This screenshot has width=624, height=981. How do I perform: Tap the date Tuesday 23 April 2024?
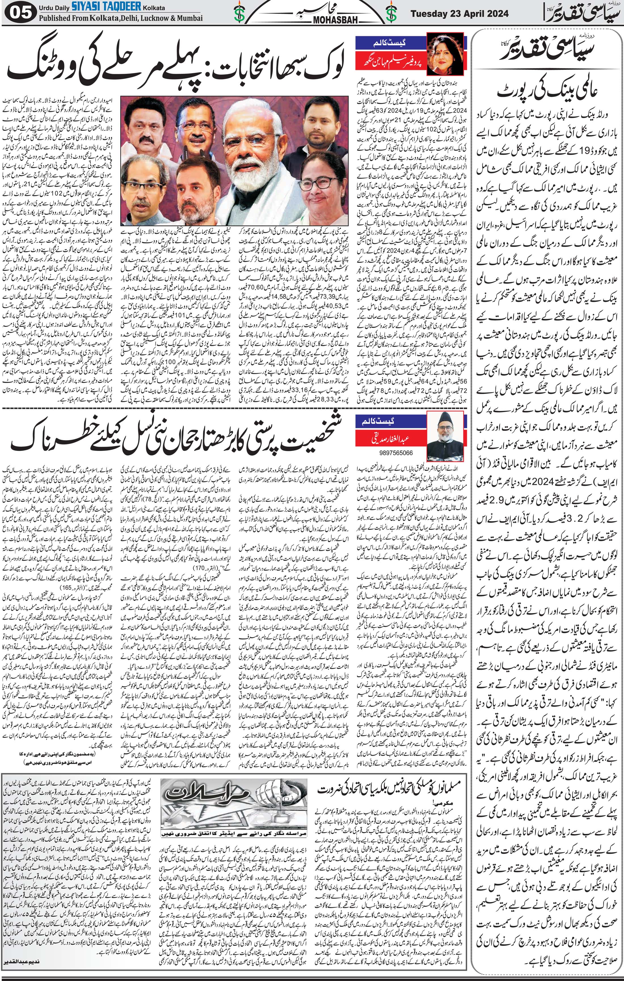coord(459,13)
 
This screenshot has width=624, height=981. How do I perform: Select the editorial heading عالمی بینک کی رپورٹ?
coord(546,93)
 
